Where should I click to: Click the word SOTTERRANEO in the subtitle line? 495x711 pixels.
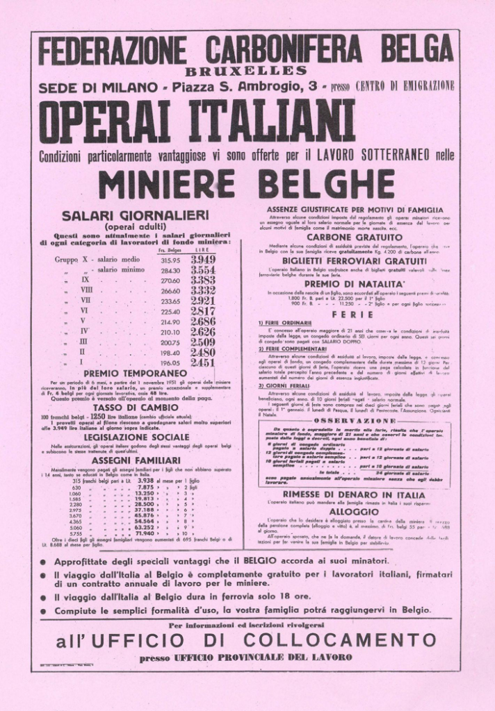pyautogui.click(x=393, y=154)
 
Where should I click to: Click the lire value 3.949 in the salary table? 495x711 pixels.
pyautogui.click(x=203, y=259)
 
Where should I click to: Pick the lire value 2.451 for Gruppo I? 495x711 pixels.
pyautogui.click(x=203, y=362)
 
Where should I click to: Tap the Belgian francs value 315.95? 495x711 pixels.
pyautogui.click(x=170, y=260)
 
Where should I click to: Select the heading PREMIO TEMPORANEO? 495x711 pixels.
pyautogui.click(x=135, y=374)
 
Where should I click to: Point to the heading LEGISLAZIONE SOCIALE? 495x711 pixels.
pyautogui.click(x=135, y=437)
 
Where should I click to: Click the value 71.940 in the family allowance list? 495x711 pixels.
pyautogui.click(x=145, y=533)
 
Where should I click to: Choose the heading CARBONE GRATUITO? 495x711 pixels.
pyautogui.click(x=352, y=236)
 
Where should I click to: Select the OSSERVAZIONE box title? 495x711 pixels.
pyautogui.click(x=355, y=421)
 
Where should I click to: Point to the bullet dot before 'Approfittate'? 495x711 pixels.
pyautogui.click(x=43, y=561)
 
